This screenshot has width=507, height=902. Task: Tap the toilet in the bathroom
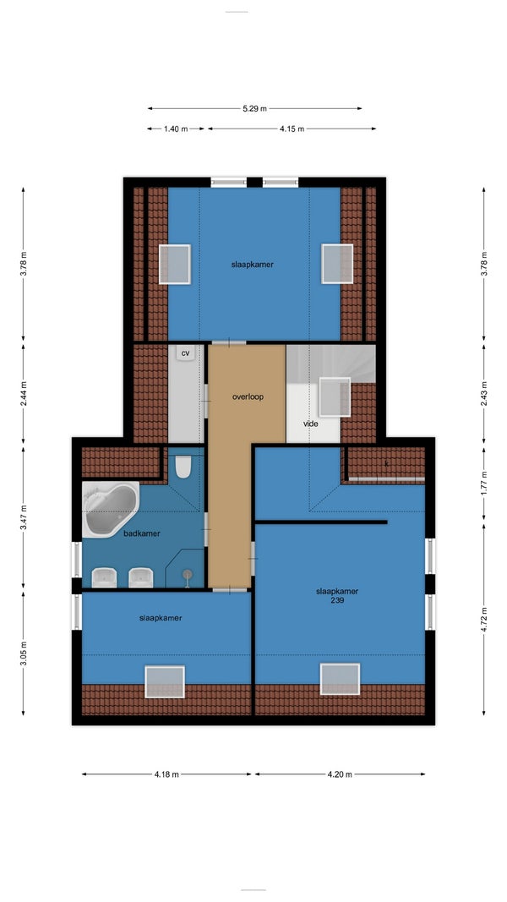(183, 467)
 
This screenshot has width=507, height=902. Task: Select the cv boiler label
(185, 353)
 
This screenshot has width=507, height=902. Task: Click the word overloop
(248, 397)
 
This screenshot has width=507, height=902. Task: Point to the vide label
(311, 424)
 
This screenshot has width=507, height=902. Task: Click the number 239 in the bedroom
(337, 600)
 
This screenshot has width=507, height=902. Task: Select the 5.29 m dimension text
(254, 108)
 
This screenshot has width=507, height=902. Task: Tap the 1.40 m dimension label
(176, 128)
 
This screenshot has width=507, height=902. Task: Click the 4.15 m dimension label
(292, 128)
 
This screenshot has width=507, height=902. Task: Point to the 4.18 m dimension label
(166, 774)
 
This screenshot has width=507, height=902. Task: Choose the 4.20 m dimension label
(340, 774)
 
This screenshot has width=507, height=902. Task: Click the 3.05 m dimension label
(24, 653)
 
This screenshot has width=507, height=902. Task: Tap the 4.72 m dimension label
(483, 620)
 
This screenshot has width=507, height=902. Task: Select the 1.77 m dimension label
(483, 484)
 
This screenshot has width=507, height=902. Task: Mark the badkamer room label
(142, 533)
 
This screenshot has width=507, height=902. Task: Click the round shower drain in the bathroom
(188, 574)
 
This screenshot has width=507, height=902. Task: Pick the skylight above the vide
(335, 396)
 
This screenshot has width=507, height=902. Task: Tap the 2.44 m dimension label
(24, 394)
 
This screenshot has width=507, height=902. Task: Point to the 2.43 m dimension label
(483, 394)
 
